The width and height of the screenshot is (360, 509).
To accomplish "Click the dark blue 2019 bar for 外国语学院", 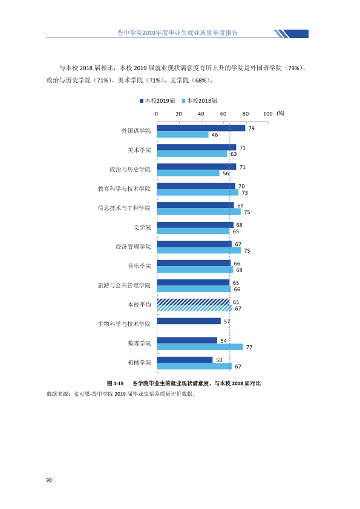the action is coord(201,128).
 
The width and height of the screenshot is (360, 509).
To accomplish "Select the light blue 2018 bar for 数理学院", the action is coord(200,347).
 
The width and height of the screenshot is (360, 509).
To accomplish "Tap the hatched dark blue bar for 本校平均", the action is coord(194,302).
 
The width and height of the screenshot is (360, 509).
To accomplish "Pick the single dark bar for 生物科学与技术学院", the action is coord(189,321).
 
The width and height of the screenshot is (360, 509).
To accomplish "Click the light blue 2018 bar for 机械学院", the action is coord(194,366).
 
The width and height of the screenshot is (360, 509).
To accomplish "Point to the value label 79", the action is coord(252,129).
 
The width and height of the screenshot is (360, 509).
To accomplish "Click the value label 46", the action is coord(215,135).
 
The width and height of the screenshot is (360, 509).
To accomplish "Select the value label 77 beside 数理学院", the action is coord(249,348).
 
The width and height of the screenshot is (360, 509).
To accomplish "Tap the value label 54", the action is coord(223,341).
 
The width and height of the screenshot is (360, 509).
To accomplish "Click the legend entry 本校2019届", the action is coord(157,101).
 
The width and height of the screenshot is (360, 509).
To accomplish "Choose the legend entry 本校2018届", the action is coord(200,101).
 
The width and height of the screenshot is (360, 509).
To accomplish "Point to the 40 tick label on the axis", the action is coord(201,114).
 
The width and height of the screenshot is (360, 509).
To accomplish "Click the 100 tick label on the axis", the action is coord(267,114).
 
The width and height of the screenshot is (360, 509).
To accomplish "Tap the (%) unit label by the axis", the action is coord(280,113).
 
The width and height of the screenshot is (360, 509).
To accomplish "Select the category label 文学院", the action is coord(142,227).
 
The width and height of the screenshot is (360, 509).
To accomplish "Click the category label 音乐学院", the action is coord(139,266).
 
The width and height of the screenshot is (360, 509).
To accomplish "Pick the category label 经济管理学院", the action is coord(134,247).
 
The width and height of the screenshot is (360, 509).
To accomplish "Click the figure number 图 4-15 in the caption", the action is coord(116,383).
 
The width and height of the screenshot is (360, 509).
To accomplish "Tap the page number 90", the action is coord(49,480).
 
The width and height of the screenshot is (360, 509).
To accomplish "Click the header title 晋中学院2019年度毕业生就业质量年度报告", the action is coord(177,33).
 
